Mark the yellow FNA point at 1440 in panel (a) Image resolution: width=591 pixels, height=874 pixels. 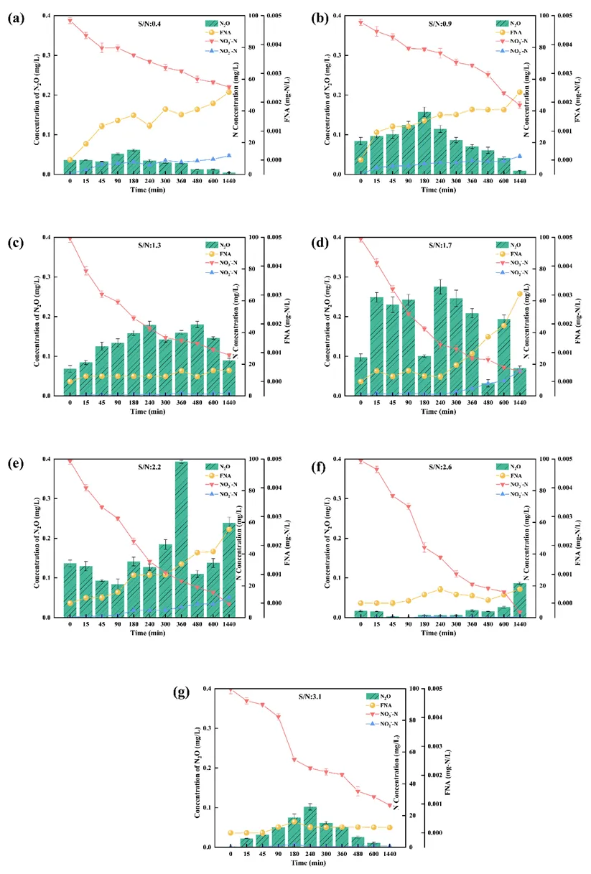pyautogui.click(x=229, y=91)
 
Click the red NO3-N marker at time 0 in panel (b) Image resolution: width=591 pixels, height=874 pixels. pyautogui.click(x=361, y=22)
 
